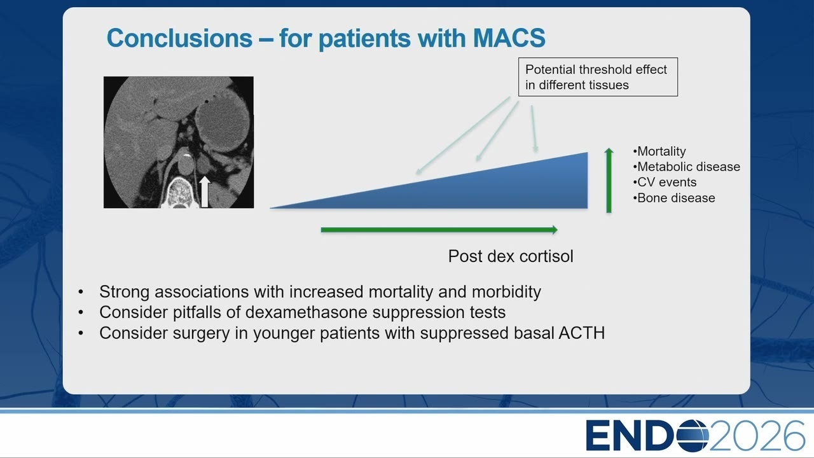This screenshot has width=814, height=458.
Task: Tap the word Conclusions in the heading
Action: point(179,38)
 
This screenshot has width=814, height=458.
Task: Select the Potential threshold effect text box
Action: point(598,77)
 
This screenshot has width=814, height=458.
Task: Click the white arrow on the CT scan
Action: point(205,192)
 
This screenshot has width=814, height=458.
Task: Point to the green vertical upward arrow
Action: point(609,180)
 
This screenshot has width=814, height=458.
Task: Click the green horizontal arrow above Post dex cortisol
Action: point(439,230)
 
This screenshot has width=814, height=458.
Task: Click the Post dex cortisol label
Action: point(511,256)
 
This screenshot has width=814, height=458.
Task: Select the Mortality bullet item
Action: point(659,151)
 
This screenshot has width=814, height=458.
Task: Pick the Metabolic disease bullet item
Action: point(686,167)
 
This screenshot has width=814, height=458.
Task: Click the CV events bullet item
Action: point(665,182)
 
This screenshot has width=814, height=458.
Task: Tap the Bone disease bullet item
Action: point(673,198)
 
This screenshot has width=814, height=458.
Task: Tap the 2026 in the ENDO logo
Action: point(757,436)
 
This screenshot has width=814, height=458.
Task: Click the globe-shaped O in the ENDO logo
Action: point(693,436)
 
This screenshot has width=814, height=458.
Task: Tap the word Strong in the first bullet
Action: point(124,292)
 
